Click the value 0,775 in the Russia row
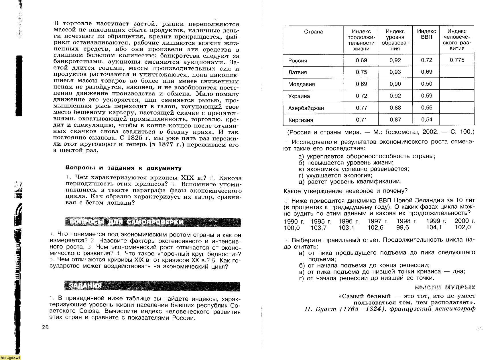click(x=457, y=60)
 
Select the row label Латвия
click(x=298, y=72)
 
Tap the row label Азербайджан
click(x=306, y=108)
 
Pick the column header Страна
click(x=313, y=32)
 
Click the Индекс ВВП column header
click(x=426, y=34)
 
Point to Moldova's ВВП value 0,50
click(x=426, y=84)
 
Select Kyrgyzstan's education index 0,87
click(x=395, y=120)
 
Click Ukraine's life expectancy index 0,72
click(x=361, y=96)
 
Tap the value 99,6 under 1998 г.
click(x=403, y=228)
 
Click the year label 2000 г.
click(x=464, y=221)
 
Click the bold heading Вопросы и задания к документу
click(x=123, y=168)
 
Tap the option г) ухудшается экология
click(x=335, y=175)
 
